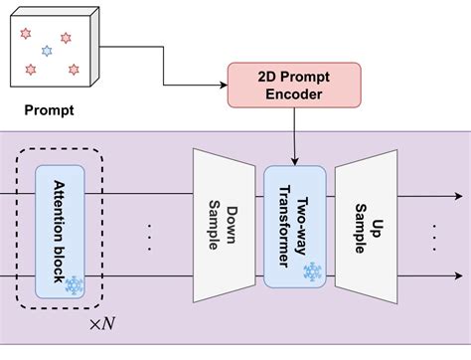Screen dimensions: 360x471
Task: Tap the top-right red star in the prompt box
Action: [66, 38]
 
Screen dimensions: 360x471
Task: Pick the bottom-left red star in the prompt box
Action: [29, 70]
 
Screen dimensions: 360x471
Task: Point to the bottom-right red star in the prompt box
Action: [73, 69]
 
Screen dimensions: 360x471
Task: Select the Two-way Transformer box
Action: [295, 226]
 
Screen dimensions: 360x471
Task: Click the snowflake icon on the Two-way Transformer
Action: [312, 271]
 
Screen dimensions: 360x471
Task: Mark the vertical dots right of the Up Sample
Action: [436, 236]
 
